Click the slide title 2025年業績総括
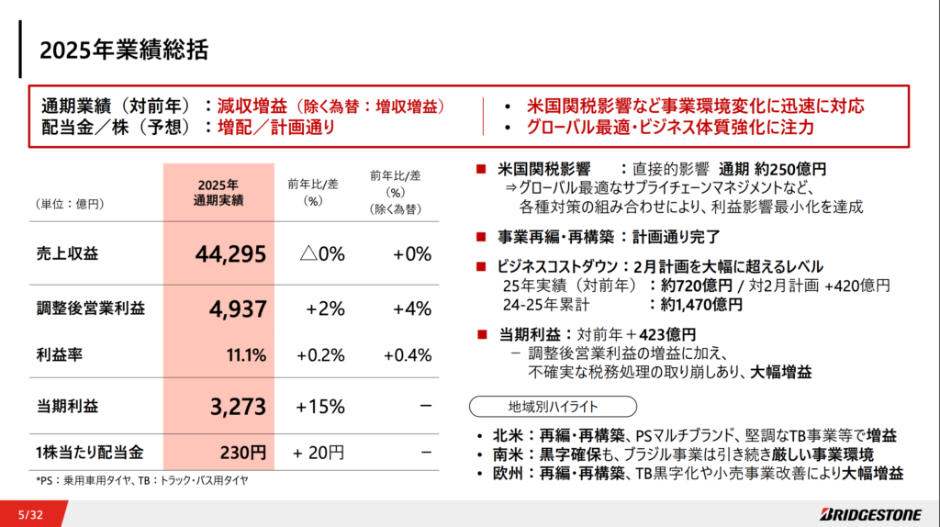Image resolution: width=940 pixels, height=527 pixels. (123, 50)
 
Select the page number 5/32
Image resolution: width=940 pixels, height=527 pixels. (30, 514)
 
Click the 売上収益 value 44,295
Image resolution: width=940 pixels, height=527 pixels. (230, 254)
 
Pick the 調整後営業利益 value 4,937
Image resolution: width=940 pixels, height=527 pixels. (237, 308)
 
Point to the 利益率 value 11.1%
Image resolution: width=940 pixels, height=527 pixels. (246, 354)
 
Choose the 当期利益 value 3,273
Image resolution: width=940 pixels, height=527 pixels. (237, 405)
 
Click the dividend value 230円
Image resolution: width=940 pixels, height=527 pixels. (245, 452)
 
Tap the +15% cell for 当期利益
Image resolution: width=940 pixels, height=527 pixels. (320, 406)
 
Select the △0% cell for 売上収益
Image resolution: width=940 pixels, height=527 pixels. (322, 254)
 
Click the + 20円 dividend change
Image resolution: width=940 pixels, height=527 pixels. (319, 452)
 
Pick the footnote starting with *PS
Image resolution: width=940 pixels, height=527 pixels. (142, 479)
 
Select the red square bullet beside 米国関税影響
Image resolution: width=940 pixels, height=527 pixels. (480, 169)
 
